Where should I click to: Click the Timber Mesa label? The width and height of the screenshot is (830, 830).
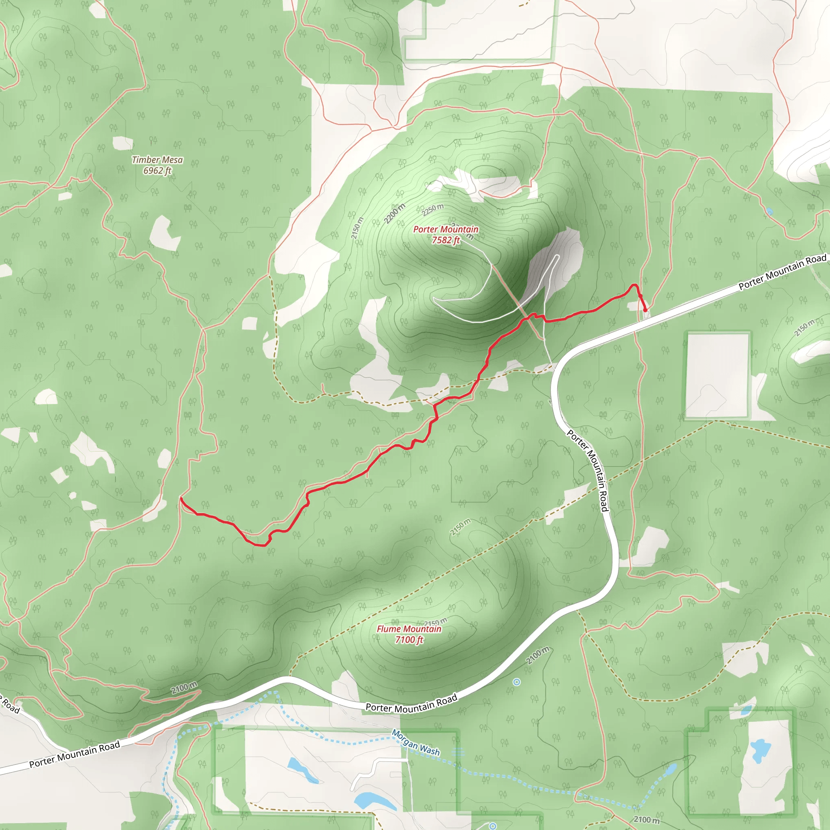(157, 160)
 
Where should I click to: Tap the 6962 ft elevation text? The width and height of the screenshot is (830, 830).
(157, 171)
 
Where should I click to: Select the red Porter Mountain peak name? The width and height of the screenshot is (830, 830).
(445, 229)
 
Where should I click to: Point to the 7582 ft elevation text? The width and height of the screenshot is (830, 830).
(445, 240)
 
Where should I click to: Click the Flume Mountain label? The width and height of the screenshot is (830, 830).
(409, 629)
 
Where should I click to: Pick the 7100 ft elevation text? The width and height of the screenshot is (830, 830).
(409, 640)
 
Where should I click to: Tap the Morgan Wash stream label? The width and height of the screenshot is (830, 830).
(416, 742)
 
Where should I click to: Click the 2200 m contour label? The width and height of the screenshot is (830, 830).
(394, 214)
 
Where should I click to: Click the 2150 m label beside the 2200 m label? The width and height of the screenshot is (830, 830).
(357, 228)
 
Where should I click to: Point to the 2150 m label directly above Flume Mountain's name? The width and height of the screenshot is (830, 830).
(436, 622)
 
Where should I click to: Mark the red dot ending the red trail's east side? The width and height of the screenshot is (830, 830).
(645, 310)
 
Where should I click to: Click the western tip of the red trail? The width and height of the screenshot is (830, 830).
(181, 498)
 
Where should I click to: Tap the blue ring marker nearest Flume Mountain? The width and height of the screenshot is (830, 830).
(517, 682)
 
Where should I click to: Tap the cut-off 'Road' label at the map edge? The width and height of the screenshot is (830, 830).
(9, 705)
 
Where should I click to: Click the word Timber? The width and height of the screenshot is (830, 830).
(145, 160)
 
